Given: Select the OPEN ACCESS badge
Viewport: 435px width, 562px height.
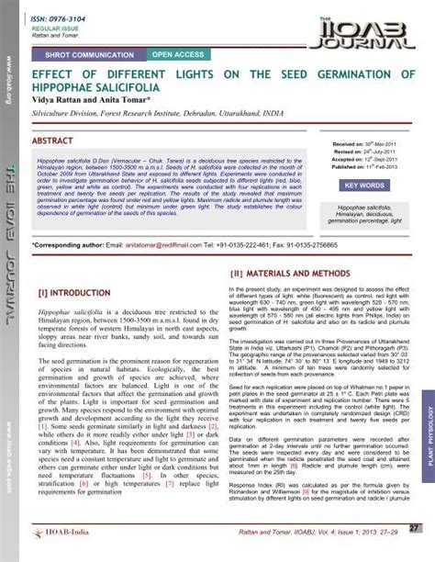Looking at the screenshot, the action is point(179,56).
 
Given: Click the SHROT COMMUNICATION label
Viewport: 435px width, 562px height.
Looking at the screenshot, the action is point(93,56).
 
